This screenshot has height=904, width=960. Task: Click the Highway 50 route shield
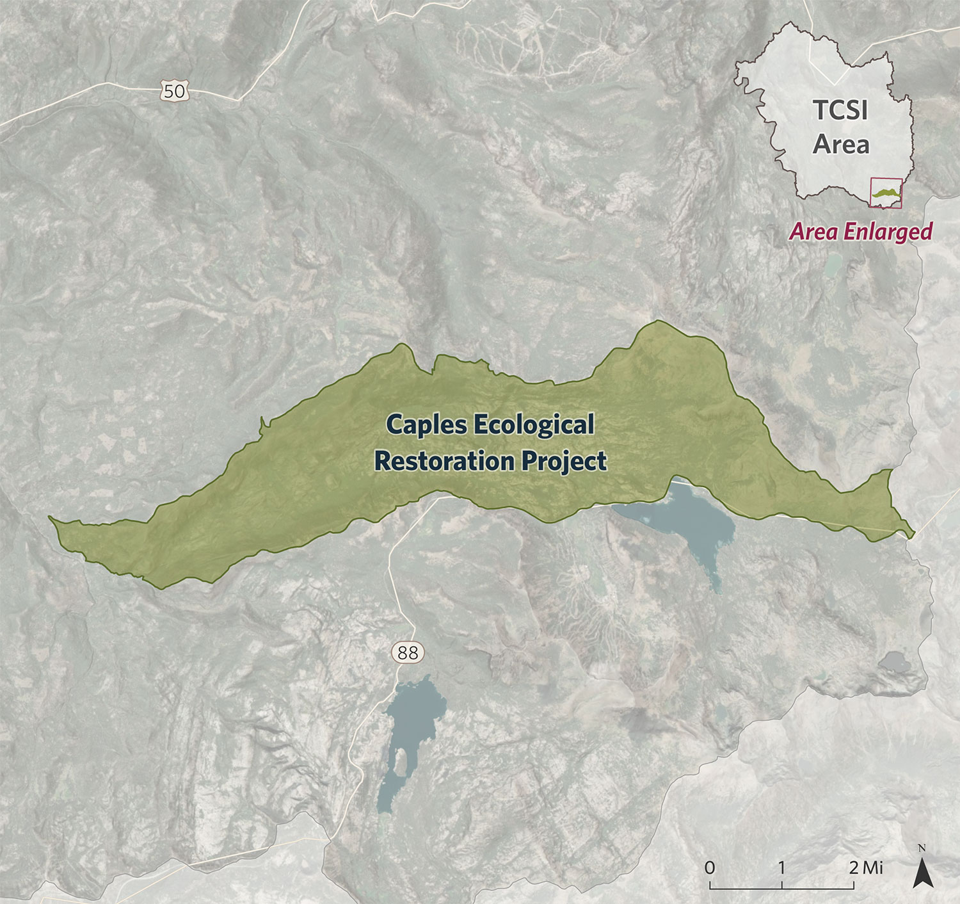pyautogui.click(x=173, y=92)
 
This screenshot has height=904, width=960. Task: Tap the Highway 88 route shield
pyautogui.click(x=407, y=652)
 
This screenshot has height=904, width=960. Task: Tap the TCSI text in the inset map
pyautogui.click(x=840, y=110)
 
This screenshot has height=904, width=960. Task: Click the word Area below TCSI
pyautogui.click(x=841, y=145)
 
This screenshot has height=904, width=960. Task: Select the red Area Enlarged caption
pyautogui.click(x=861, y=231)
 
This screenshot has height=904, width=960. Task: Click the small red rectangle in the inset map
pyautogui.click(x=886, y=193)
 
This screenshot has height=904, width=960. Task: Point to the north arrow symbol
pyautogui.click(x=922, y=872)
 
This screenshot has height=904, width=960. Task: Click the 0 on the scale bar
pyautogui.click(x=710, y=868)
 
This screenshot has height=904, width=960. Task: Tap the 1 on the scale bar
pyautogui.click(x=781, y=868)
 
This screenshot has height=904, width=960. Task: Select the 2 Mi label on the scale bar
pyautogui.click(x=865, y=868)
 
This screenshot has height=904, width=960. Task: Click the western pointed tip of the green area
pyautogui.click(x=51, y=517)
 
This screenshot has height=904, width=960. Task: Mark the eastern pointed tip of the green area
pyautogui.click(x=914, y=533)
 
